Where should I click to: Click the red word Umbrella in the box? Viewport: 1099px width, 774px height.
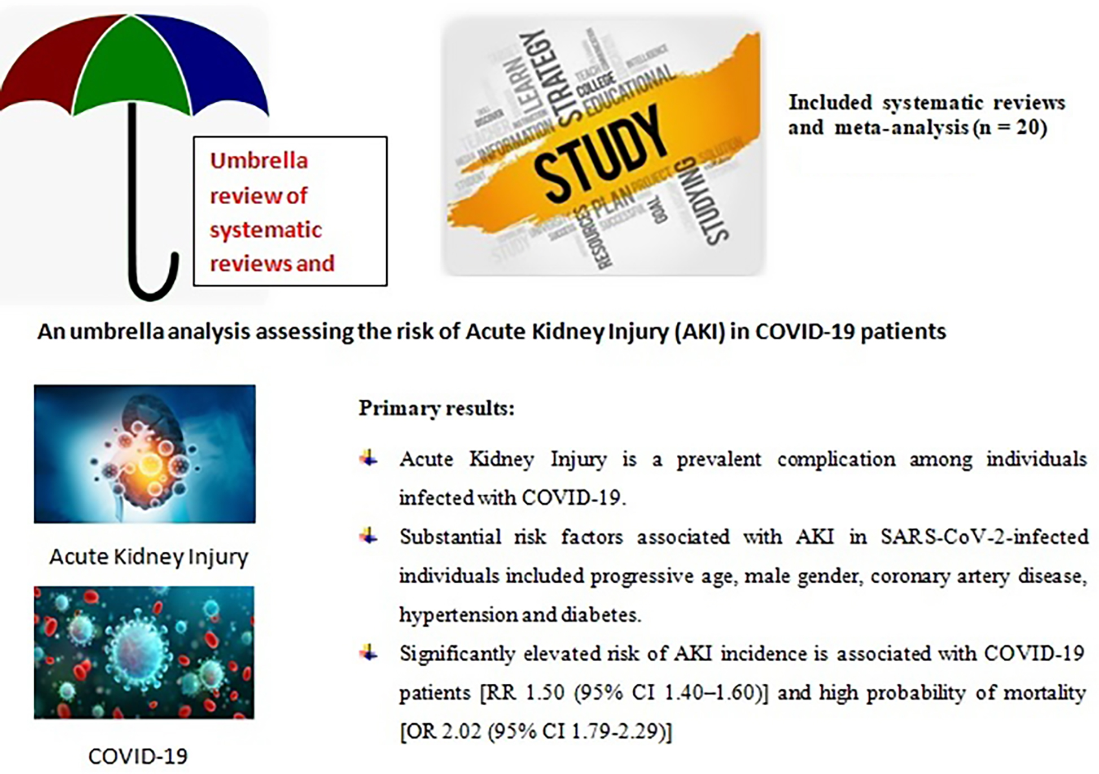point(259,161)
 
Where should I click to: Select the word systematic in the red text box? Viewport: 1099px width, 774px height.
point(265,230)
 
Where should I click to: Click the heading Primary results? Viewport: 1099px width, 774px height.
point(436,408)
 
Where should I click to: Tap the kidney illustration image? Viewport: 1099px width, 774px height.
point(145,454)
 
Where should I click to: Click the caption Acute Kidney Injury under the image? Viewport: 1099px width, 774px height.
point(148,557)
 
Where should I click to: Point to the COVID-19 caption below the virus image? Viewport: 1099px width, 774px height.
point(138,756)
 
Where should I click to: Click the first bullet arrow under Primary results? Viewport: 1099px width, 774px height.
point(369,459)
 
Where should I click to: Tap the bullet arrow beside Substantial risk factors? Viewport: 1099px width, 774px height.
point(369,536)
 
